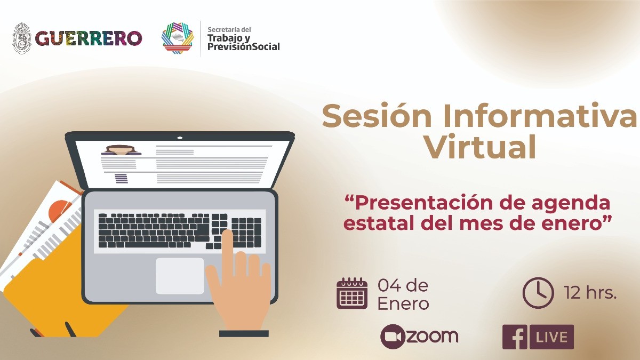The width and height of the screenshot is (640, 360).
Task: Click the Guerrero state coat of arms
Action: (x=22, y=38)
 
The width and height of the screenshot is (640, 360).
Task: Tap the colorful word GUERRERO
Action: (x=89, y=38)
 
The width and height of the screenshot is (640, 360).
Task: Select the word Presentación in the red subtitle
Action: (x=423, y=203)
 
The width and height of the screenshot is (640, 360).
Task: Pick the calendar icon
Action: (x=352, y=293)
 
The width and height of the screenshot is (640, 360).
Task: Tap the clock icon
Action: (x=538, y=293)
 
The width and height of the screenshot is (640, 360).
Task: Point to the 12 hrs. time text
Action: (x=590, y=293)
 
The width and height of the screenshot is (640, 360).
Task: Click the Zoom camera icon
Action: (x=394, y=337)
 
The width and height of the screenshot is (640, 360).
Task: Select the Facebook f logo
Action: (x=515, y=337)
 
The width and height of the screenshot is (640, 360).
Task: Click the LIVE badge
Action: (x=551, y=337)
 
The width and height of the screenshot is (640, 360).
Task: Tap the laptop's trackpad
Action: (x=180, y=276)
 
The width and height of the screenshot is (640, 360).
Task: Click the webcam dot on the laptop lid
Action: (x=180, y=138)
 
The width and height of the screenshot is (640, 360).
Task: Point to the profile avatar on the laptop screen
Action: (x=121, y=150)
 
